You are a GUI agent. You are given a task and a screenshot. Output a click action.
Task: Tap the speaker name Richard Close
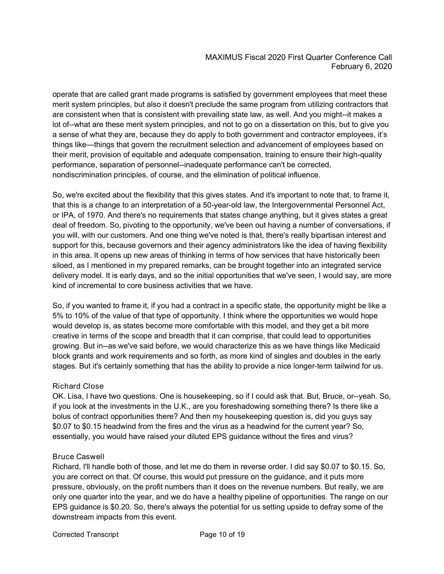[78, 386]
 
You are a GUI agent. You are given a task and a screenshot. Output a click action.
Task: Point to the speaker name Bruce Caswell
[80, 457]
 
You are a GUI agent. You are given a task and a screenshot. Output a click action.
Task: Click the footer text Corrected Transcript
[85, 535]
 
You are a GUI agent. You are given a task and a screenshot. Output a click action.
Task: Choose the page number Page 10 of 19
[222, 535]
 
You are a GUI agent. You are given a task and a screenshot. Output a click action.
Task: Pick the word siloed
[63, 266]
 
